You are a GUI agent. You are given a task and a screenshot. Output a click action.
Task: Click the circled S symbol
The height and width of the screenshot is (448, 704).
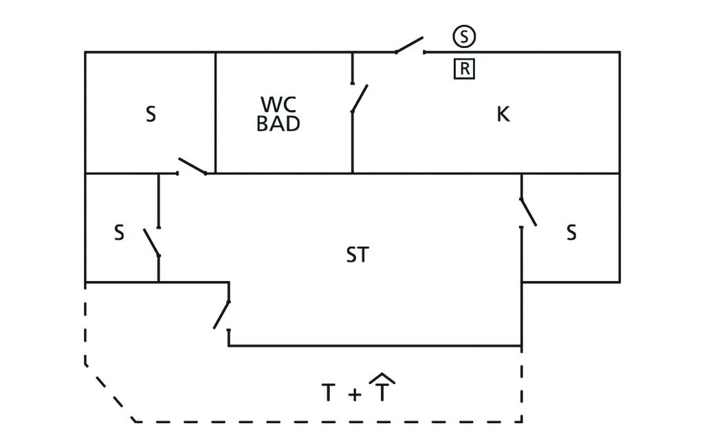pyautogui.click(x=464, y=36)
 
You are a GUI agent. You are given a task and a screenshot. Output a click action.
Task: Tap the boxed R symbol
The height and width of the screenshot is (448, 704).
pyautogui.click(x=464, y=69)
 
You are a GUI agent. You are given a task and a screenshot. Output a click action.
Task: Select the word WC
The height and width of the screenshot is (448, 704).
pyautogui.click(x=278, y=104)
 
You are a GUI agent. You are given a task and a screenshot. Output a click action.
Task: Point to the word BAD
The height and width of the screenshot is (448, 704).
pyautogui.click(x=278, y=124)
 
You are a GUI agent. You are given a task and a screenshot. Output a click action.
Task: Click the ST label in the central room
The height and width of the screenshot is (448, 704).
pyautogui.click(x=357, y=256)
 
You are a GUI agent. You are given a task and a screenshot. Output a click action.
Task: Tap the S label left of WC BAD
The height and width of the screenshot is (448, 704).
pyautogui.click(x=151, y=114)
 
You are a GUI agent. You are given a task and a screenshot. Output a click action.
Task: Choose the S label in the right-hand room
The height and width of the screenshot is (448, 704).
pyautogui.click(x=571, y=233)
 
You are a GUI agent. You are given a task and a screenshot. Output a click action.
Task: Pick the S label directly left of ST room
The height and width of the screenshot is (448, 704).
pyautogui.click(x=119, y=233)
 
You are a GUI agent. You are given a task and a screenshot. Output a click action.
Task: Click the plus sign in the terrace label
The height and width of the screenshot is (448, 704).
pyautogui.click(x=354, y=395)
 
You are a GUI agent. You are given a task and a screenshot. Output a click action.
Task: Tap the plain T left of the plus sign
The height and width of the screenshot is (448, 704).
pyautogui.click(x=329, y=394)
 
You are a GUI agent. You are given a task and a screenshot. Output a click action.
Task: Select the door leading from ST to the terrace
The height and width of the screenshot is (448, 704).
pyautogui.click(x=221, y=315)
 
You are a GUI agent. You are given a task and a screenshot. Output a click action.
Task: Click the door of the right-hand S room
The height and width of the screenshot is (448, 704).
pyautogui.click(x=528, y=212)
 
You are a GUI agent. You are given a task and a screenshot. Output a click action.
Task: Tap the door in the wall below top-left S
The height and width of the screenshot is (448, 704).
pyautogui.click(x=192, y=166)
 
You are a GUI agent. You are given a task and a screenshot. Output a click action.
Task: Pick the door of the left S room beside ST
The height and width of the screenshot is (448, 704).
pyautogui.click(x=152, y=242)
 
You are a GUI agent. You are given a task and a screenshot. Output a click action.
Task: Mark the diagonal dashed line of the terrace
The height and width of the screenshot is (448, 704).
pyautogui.click(x=110, y=394)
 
